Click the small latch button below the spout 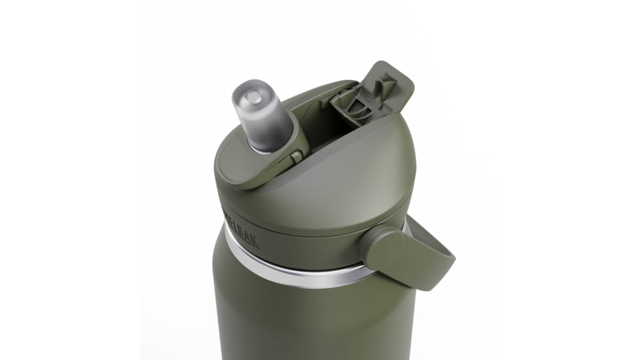(x=296, y=157)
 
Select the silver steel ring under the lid (x=294, y=272)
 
